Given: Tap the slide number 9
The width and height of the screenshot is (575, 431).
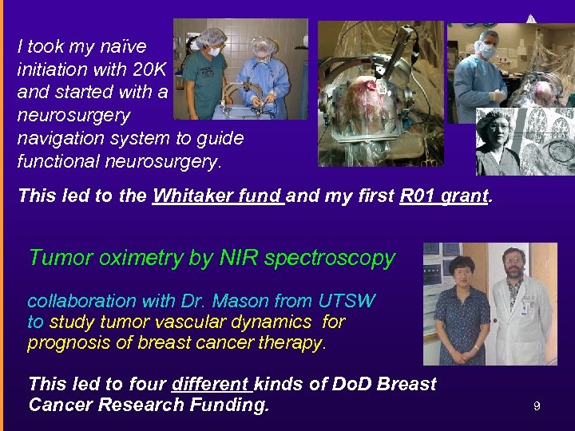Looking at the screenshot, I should pos(537,406).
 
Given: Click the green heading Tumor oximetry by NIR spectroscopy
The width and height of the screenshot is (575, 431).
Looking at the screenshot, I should pos(212,258).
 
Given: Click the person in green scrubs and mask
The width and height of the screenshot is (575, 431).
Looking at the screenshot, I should pos(210,76).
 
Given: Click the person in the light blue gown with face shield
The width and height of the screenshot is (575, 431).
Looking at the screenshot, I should pos(263,76).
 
